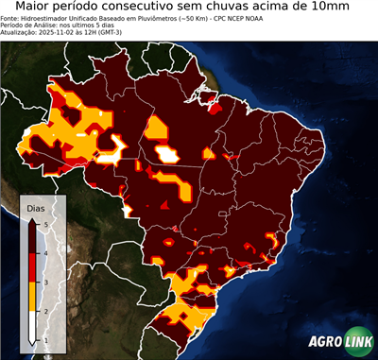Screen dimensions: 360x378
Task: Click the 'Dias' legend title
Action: tap(35, 206)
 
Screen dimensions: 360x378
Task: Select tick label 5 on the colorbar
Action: tap(45, 224)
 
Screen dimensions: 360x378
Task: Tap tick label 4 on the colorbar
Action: tap(45, 253)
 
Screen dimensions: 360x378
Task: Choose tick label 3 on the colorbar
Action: tap(45, 282)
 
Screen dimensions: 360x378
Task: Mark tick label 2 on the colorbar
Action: tap(45, 311)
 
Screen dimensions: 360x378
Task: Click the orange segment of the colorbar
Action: tap(33, 297)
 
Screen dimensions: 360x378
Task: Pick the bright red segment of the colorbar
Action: tap(33, 267)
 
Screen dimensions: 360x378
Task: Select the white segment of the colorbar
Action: tap(33, 326)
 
